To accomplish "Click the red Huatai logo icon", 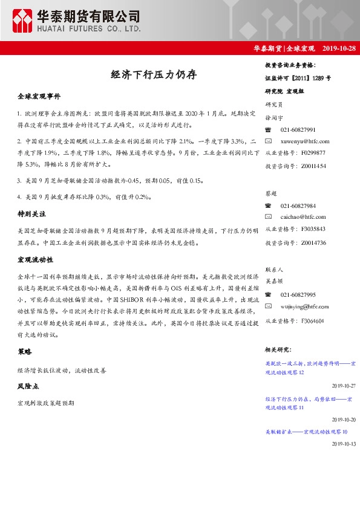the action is (23, 21).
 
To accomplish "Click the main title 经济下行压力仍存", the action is (153, 75).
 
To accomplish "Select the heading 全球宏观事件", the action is (39, 96).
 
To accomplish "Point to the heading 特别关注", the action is (31, 214).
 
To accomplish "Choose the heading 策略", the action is (24, 351).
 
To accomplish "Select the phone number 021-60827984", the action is (298, 206).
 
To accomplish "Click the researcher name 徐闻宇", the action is (275, 118).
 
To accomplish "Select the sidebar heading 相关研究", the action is (279, 350).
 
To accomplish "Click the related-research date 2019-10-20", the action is (344, 419).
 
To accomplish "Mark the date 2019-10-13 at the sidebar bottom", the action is (344, 443).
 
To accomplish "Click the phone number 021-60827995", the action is (298, 294).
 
